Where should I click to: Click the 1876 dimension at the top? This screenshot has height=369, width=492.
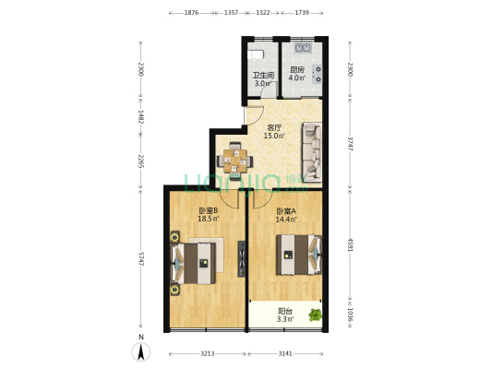click(191, 14)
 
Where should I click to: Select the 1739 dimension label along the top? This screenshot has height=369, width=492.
click(301, 14)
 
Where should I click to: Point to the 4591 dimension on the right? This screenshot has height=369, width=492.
click(350, 244)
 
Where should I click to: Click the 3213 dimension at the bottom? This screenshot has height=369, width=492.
click(208, 352)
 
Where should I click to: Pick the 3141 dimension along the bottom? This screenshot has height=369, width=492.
click(286, 352)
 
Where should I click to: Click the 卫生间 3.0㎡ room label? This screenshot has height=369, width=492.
click(263, 79)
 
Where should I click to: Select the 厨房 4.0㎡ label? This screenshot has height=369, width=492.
click(296, 74)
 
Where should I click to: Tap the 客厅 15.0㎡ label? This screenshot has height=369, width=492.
click(274, 132)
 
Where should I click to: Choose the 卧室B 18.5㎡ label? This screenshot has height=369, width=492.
click(208, 215)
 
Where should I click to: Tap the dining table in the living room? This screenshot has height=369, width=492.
click(238, 160)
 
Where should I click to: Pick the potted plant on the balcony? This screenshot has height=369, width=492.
click(316, 315)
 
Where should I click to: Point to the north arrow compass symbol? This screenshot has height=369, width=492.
click(140, 351)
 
